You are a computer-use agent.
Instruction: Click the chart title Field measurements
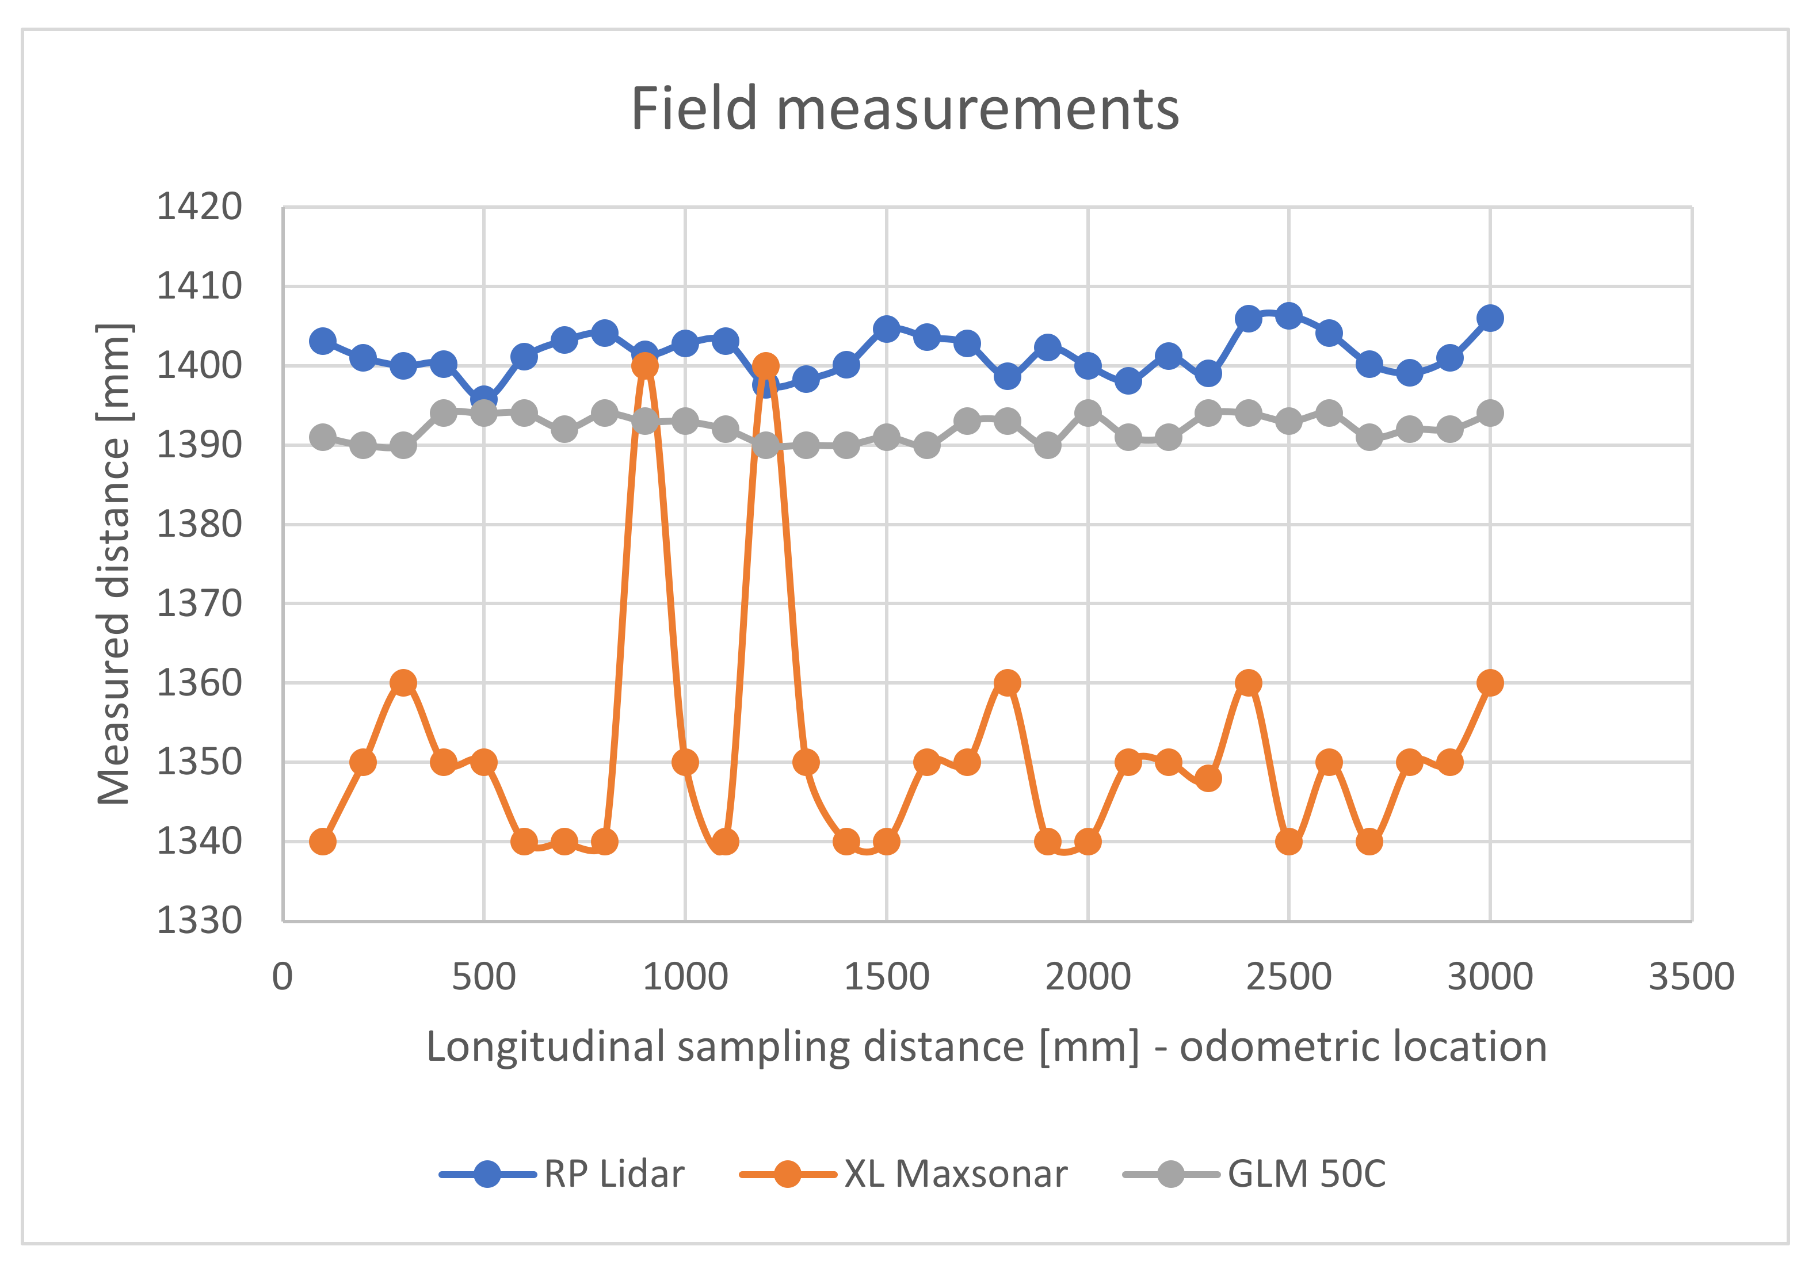905,109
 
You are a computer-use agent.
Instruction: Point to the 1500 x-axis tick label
886,977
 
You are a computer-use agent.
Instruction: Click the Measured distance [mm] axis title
114,564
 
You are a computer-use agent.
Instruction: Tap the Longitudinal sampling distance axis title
986,1046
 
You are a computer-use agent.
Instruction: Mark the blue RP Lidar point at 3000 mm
1490,319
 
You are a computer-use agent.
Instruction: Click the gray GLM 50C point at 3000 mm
1490,413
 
